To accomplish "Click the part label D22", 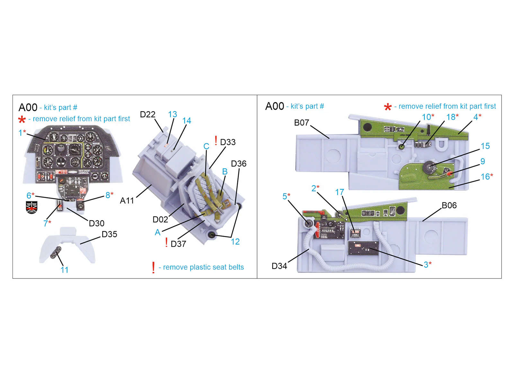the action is (147, 114).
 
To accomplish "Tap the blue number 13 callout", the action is (173, 114).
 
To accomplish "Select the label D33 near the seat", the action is (228, 142).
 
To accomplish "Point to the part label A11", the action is (127, 201).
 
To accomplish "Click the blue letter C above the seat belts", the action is (206, 146).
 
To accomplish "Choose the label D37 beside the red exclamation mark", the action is (178, 244).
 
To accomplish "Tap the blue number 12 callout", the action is (235, 241).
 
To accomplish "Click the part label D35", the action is (109, 234).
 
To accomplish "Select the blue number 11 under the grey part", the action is (65, 270).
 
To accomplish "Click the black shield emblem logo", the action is (31, 207).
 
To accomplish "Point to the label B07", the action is (302, 123).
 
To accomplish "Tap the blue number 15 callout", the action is (485, 146).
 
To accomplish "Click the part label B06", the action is (449, 205).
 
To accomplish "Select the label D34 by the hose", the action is (279, 266).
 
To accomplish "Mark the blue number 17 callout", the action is (340, 192).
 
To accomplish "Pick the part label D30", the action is (97, 223).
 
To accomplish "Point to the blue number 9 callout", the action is (483, 161).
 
